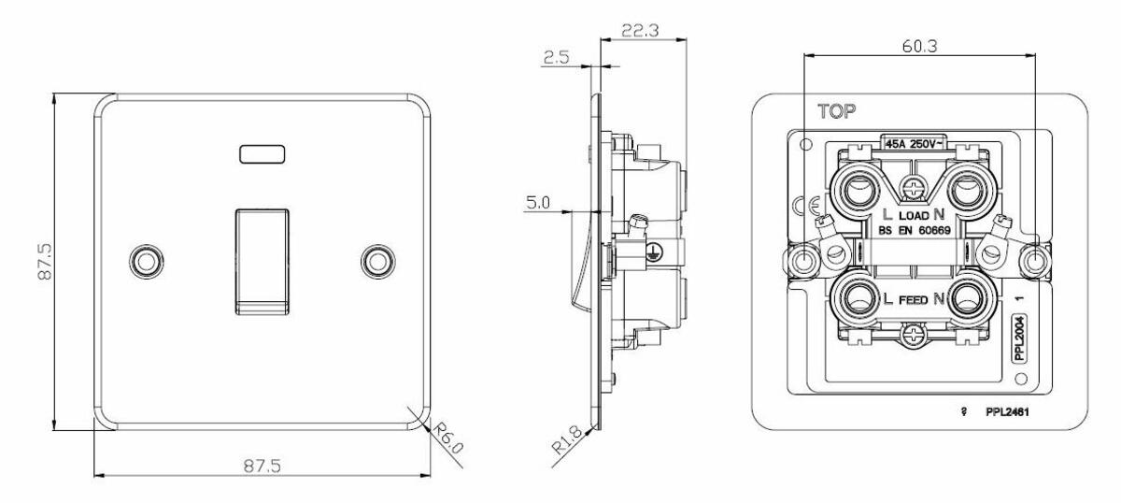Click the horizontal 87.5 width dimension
pos(263,465)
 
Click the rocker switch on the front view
pos(262,259)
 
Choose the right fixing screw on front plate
pos(378,261)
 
